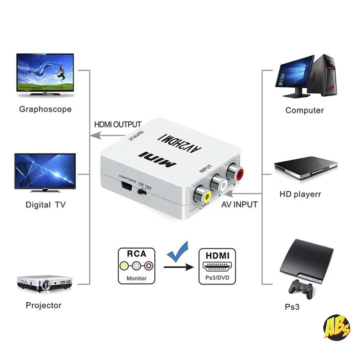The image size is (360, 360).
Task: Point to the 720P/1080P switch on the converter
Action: coord(143,192)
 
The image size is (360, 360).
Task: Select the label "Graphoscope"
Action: coord(45,109)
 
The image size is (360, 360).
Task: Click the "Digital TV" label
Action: coord(45,205)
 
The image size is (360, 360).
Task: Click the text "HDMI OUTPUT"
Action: coord(117,125)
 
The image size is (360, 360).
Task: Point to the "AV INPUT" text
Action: coord(239,205)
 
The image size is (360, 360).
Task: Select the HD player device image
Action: coord(306,167)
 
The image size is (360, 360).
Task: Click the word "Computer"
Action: coord(305,110)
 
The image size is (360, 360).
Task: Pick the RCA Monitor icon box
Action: coord(136,265)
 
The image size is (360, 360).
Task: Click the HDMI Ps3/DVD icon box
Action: coord(217,265)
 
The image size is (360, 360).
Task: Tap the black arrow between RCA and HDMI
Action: coord(179,267)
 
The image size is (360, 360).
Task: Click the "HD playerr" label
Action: coord(303,195)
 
